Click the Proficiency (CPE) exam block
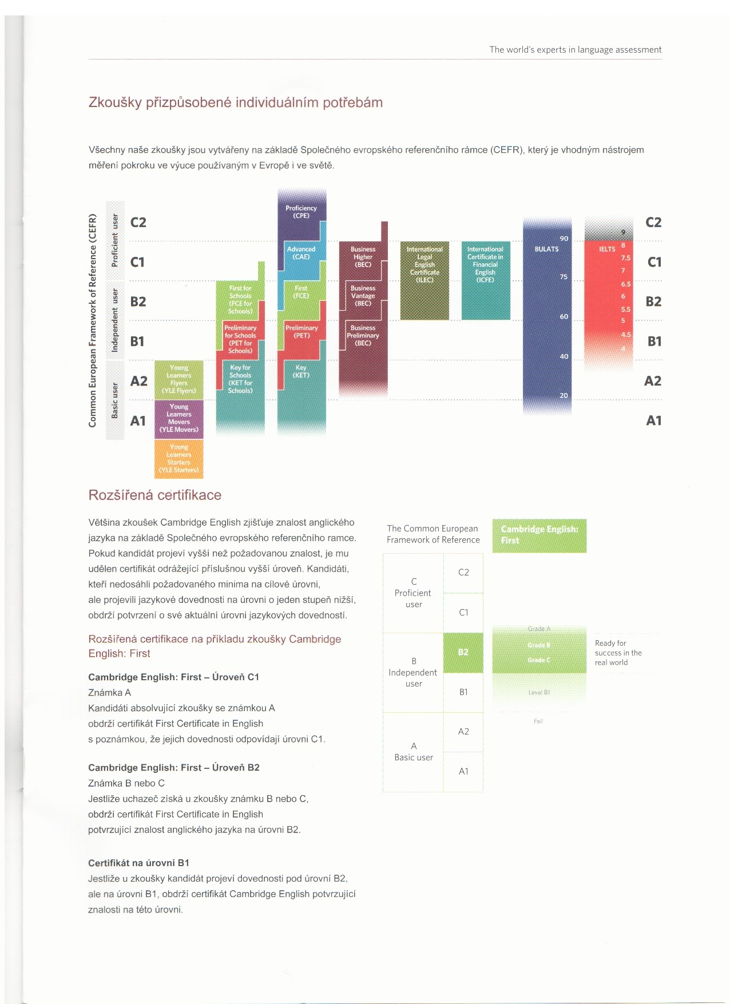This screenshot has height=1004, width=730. (x=301, y=212)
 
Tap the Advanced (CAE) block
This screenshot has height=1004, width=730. (x=301, y=253)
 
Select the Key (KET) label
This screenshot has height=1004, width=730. (x=301, y=371)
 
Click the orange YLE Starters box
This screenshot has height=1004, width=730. (x=179, y=459)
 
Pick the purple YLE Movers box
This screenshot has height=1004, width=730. (x=179, y=418)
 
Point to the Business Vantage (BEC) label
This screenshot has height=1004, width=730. (x=363, y=296)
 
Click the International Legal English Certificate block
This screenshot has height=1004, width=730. (x=424, y=280)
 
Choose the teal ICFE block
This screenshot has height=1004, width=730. (x=486, y=280)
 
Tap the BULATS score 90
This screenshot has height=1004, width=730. (x=564, y=239)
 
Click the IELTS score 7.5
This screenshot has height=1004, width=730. (x=626, y=258)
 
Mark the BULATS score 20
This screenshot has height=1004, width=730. (x=564, y=395)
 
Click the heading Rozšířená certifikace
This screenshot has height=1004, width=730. (x=154, y=495)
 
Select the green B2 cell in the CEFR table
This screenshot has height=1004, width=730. (x=463, y=652)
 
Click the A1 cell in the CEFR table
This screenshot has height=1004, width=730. (x=463, y=771)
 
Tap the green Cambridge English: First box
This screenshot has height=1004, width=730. (x=539, y=535)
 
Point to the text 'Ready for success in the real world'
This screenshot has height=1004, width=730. (x=618, y=653)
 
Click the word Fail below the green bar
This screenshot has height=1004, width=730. (x=538, y=721)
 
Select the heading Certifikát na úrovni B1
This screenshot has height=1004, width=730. (x=138, y=863)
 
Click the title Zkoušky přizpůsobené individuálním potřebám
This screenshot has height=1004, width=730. (x=235, y=102)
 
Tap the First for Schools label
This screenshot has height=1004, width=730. (x=240, y=300)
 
